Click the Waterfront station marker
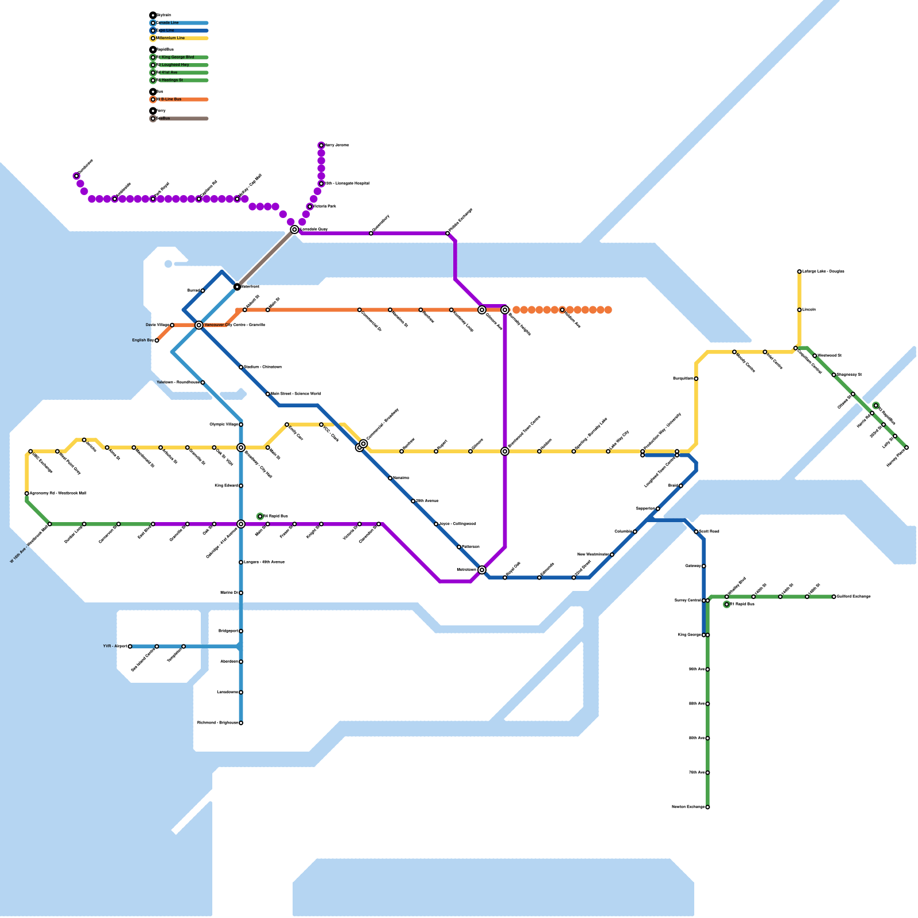tap(237, 286)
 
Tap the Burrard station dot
tap(203, 290)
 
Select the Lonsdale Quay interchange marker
tap(294, 229)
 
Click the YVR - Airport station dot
tap(130, 646)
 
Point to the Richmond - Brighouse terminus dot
tap(241, 723)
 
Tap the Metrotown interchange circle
tap(482, 570)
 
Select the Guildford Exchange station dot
tap(834, 597)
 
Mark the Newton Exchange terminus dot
tap(707, 807)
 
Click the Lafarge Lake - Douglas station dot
tap(799, 271)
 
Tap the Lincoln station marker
tap(799, 310)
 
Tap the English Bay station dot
tap(157, 340)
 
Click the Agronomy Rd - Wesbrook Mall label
tap(58, 493)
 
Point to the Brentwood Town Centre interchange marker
tap(505, 452)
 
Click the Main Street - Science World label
tap(295, 394)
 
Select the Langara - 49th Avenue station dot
tap(241, 562)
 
